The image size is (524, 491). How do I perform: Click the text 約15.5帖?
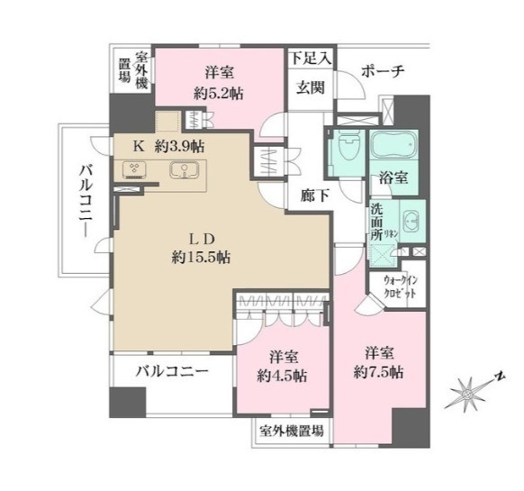click(x=202, y=257)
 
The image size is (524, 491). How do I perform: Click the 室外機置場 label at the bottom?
click(x=292, y=432)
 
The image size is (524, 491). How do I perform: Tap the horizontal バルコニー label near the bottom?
click(x=173, y=371)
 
